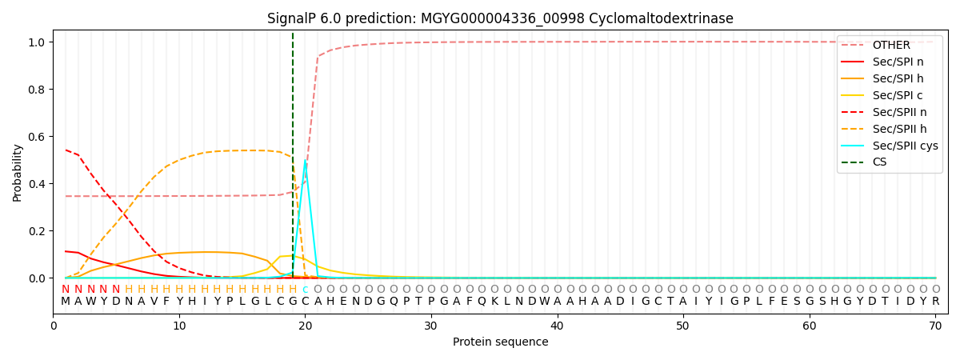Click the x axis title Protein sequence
[x=500, y=342]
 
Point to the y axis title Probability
[x=18, y=172]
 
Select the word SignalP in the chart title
[x=294, y=18]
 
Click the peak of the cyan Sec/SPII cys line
[x=305, y=162]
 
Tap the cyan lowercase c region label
[x=305, y=290]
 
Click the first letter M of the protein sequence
[x=66, y=302]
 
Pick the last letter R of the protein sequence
[x=935, y=302]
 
